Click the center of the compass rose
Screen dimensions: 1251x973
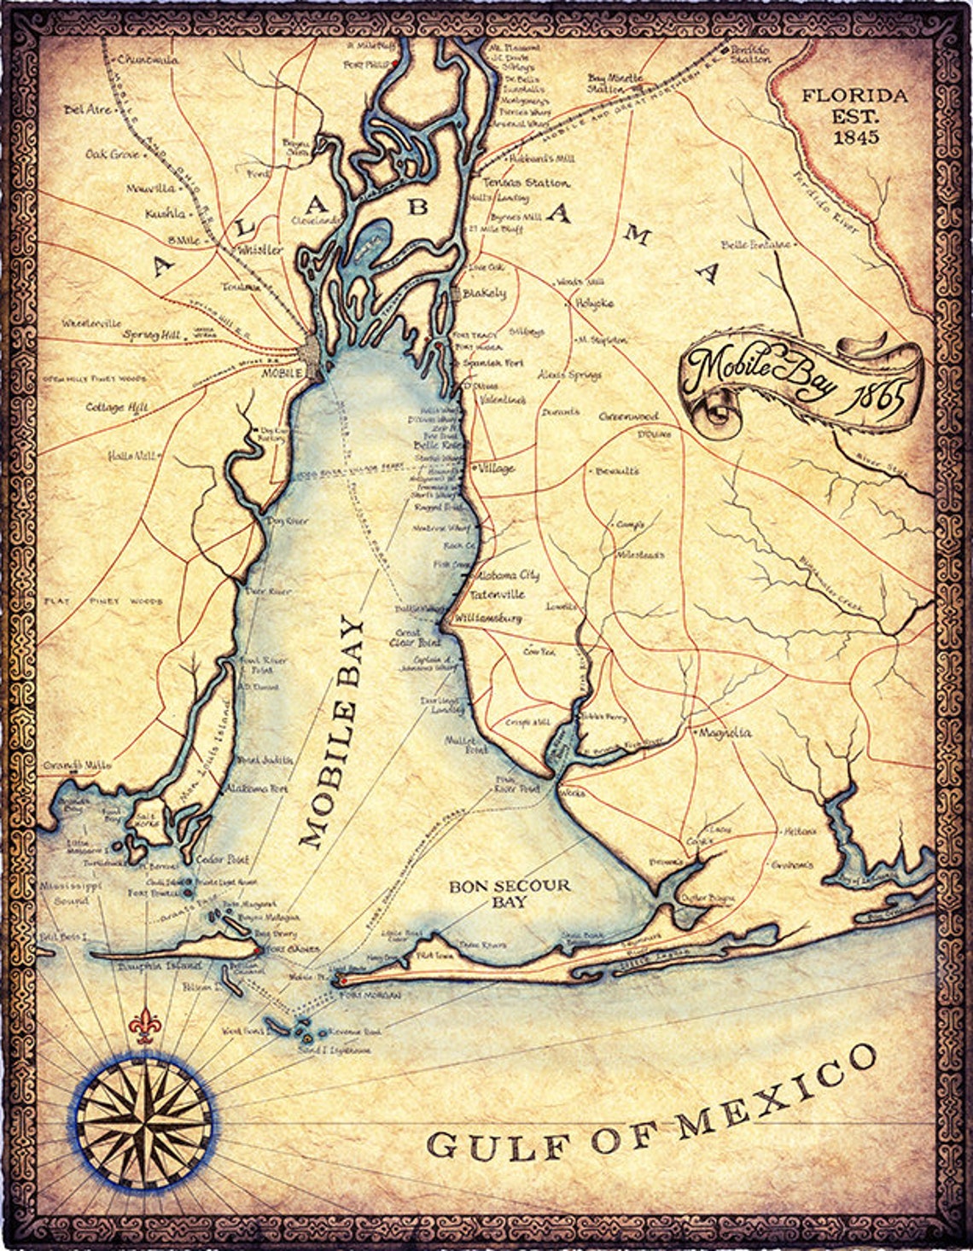[x=143, y=1121]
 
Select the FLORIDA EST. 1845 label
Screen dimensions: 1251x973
[x=854, y=115]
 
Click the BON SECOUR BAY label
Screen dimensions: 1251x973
[x=510, y=893]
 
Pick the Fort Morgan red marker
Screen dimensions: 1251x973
[x=338, y=979]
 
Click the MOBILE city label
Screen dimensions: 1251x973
[x=283, y=373]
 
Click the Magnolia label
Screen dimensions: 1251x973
[x=725, y=733]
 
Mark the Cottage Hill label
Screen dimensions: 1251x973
[x=117, y=408]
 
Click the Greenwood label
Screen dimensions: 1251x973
[x=628, y=416]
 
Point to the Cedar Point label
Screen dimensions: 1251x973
[x=209, y=859]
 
